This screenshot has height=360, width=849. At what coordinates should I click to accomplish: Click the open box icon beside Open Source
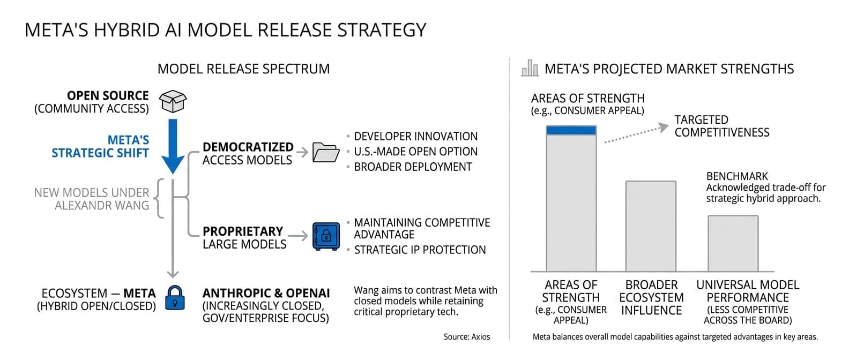173,101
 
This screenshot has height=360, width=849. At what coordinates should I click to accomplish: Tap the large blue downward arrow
173,146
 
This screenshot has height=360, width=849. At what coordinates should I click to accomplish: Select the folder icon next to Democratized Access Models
326,152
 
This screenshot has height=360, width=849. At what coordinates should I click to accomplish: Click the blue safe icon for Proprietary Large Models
326,236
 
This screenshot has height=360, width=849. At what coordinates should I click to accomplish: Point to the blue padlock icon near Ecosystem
175,298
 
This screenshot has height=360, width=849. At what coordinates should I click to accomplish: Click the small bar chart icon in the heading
530,68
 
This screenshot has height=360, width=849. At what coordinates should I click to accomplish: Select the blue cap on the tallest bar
571,130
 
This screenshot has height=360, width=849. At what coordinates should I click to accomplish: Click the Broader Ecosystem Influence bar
651,226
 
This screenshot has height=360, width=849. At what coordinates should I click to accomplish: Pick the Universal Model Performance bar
733,244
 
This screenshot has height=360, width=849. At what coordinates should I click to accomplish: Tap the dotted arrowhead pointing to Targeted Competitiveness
664,127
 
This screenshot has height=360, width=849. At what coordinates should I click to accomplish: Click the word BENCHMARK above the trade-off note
737,176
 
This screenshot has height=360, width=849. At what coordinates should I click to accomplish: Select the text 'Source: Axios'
466,336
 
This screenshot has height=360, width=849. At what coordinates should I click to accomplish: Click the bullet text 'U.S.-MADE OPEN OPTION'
415,152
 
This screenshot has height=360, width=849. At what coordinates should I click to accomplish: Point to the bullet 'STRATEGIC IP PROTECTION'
420,250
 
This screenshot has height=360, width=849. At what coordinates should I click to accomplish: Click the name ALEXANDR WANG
102,205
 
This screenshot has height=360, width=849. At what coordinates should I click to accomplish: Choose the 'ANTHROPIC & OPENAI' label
266,293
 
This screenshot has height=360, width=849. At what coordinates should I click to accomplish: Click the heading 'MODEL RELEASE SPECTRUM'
244,69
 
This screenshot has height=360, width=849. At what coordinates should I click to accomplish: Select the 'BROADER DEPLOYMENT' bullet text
413,167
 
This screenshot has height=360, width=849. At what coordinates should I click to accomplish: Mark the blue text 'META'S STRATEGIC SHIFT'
100,146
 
